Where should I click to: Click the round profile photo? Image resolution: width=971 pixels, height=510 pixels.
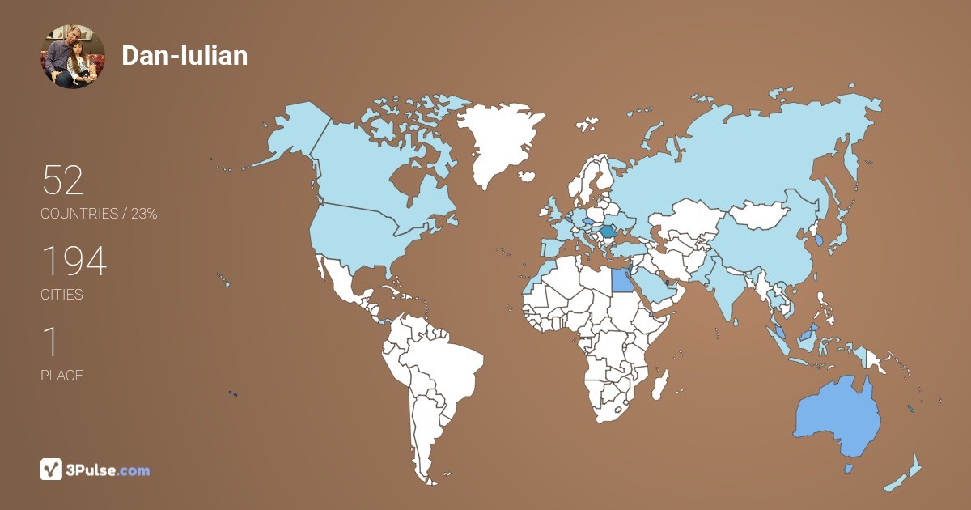[74, 56]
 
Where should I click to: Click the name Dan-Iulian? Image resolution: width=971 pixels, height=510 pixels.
[184, 56]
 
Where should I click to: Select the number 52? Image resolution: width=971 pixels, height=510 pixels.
[63, 181]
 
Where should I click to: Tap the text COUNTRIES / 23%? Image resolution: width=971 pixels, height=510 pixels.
[99, 214]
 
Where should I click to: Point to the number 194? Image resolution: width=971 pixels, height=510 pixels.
[74, 261]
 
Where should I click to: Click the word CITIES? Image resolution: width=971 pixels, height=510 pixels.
[62, 295]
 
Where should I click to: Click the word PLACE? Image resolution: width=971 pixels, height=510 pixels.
[62, 376]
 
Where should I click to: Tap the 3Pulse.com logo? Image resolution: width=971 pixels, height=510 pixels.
[95, 469]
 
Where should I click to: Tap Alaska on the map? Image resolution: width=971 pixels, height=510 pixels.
[291, 134]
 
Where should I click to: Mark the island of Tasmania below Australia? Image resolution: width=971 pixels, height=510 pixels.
[849, 468]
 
